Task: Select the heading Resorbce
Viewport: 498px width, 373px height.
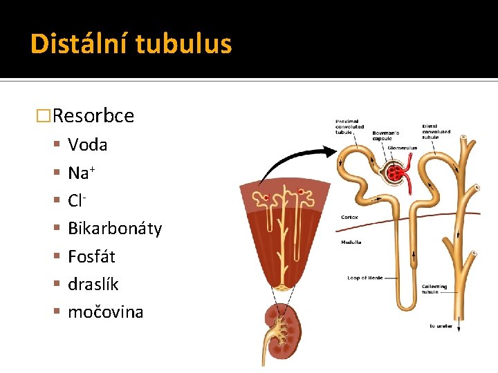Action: [x=93, y=115]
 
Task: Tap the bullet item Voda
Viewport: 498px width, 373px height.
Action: [x=87, y=144]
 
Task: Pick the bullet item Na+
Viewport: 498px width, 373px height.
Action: [x=81, y=173]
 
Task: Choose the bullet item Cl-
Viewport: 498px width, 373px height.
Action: [x=76, y=200]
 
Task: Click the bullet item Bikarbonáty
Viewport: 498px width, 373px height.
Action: [x=115, y=229]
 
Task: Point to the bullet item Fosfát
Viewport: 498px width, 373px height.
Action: [x=91, y=256]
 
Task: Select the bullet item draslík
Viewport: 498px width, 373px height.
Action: [x=93, y=284]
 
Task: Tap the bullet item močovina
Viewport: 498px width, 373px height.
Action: [x=105, y=312]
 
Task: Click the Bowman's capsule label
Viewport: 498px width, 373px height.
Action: [x=386, y=135]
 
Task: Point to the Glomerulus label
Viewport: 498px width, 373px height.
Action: [x=403, y=147]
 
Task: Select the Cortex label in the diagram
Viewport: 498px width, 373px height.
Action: [x=349, y=217]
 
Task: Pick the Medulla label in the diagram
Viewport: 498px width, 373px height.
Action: [x=351, y=242]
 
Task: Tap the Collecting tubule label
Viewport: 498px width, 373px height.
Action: [x=434, y=289]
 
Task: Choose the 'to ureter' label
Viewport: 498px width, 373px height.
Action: [x=441, y=326]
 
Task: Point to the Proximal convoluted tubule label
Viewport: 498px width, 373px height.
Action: [x=349, y=127]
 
